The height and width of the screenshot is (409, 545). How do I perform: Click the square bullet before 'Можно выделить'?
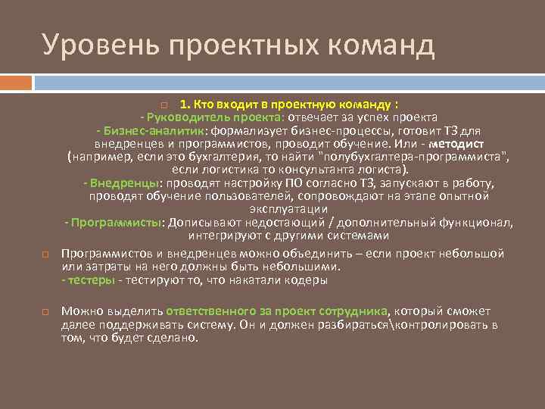(45, 311)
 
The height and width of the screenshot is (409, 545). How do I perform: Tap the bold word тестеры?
(90, 279)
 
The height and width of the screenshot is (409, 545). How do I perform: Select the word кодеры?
(309, 279)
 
